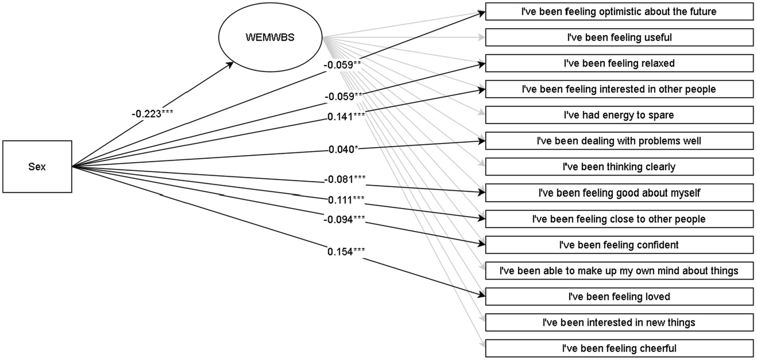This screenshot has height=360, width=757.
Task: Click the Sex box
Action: (x=37, y=167)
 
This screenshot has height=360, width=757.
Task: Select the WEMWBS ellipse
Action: (x=270, y=37)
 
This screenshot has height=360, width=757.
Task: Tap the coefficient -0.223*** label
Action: (x=152, y=114)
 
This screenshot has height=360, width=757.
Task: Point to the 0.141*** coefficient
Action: (x=346, y=117)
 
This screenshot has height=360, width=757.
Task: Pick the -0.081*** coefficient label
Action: (x=345, y=179)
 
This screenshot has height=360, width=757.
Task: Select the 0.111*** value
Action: (x=346, y=200)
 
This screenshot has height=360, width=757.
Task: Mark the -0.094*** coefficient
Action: (x=345, y=219)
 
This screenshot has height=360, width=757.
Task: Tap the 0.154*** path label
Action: (x=346, y=252)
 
